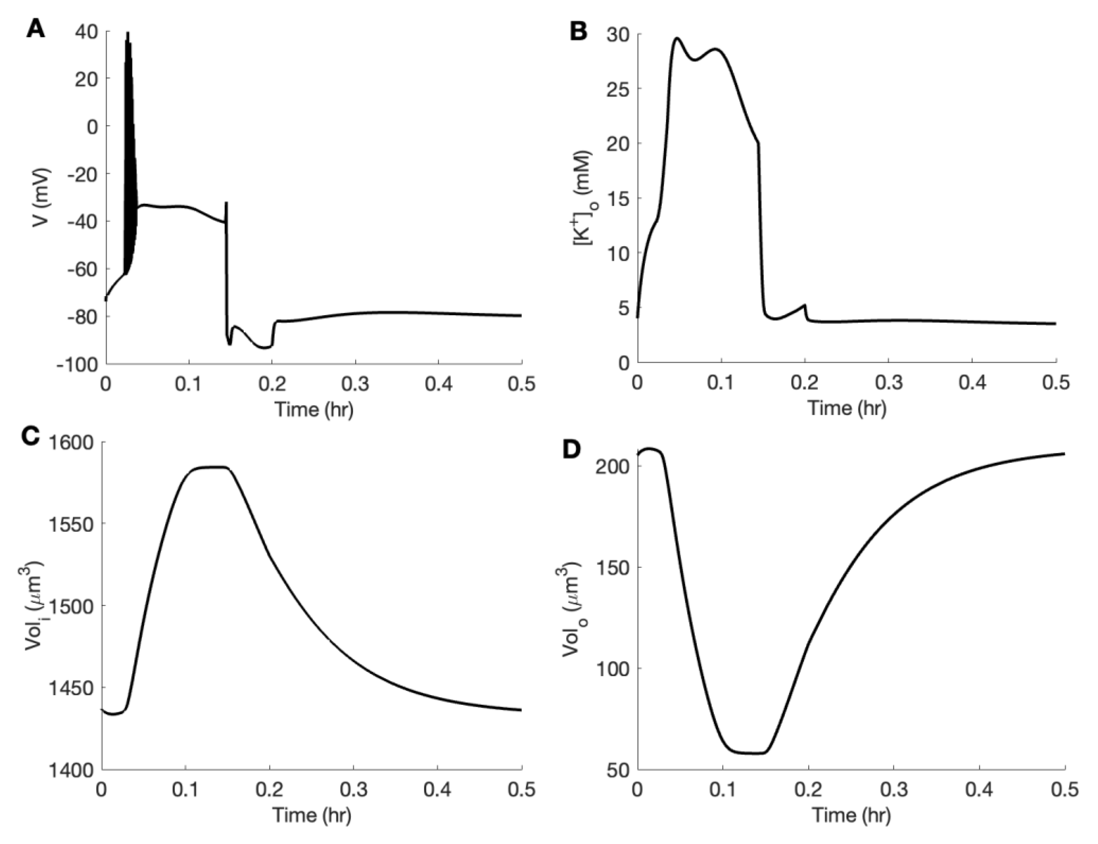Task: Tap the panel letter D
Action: pos(573,450)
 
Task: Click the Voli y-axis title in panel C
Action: pos(35,605)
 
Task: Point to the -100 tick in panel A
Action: pos(78,364)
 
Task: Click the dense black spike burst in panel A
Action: pos(129,151)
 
